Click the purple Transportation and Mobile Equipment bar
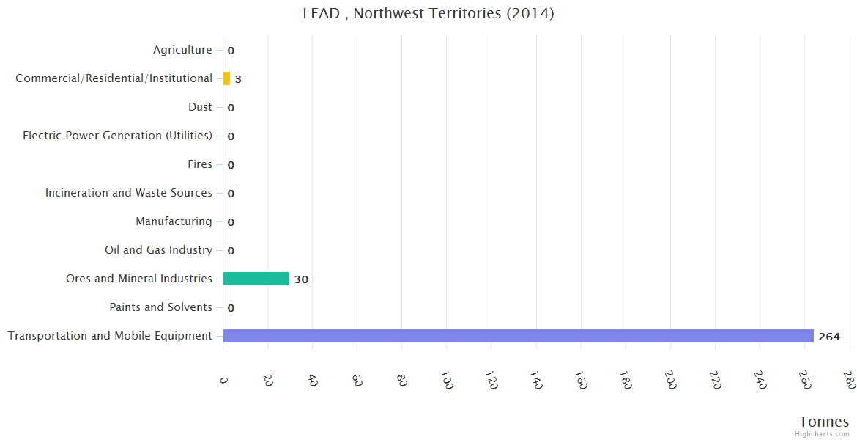click(x=518, y=336)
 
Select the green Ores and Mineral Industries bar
click(x=256, y=279)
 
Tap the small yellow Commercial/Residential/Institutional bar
click(x=226, y=78)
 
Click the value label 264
click(x=829, y=337)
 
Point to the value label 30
click(x=301, y=279)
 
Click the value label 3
click(x=238, y=79)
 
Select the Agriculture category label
click(x=182, y=50)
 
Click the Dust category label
click(x=200, y=107)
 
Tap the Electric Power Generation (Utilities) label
click(x=117, y=136)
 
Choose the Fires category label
click(x=199, y=164)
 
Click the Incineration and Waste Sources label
click(x=128, y=193)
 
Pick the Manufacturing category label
click(x=174, y=221)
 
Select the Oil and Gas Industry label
click(x=158, y=250)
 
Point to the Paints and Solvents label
click(x=160, y=307)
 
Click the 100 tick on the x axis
click(x=448, y=380)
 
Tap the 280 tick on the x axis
click(x=850, y=380)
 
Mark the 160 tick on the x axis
click(x=582, y=380)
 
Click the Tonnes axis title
click(x=823, y=422)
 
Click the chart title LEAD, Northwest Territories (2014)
click(x=428, y=13)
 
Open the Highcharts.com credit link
click(x=823, y=434)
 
